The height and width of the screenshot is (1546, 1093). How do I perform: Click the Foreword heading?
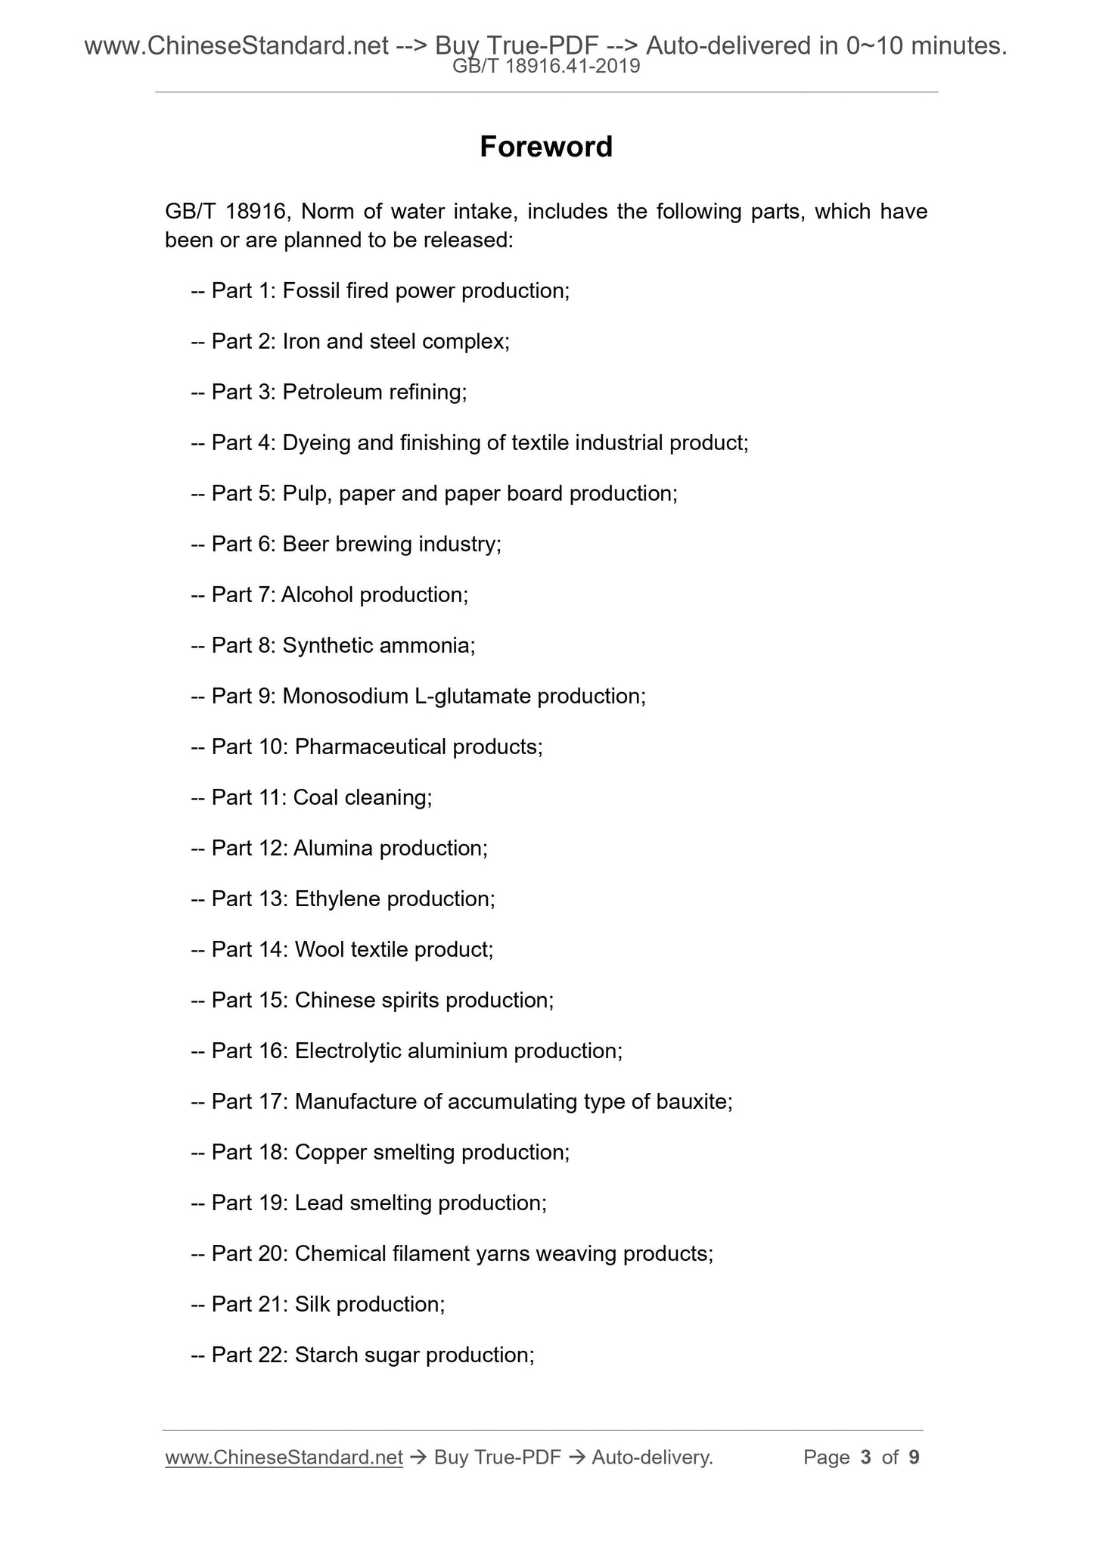click(545, 147)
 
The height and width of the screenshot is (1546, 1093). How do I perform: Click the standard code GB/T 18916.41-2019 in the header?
click(546, 67)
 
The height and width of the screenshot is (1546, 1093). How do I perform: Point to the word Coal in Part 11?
click(315, 798)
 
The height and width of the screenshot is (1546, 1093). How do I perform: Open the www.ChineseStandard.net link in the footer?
click(284, 1458)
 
